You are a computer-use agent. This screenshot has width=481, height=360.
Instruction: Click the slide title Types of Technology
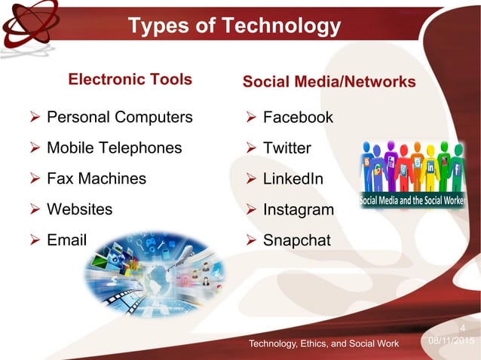point(234,27)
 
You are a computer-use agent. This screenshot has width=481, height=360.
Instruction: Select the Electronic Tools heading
point(130,79)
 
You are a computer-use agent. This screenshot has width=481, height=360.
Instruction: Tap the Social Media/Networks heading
point(329,81)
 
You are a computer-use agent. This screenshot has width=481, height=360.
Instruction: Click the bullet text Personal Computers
point(120,117)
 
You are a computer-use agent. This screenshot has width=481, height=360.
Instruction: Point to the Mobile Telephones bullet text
point(115,148)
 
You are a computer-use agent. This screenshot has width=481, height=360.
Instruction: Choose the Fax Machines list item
point(97,178)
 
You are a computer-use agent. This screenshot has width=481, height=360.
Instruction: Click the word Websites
point(79,209)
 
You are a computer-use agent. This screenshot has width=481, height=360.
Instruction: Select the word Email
point(67,239)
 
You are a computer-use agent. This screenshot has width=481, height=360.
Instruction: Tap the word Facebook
point(298,117)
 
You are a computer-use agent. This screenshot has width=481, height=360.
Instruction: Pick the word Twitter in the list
point(286,148)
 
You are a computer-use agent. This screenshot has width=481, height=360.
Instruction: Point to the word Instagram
point(298,210)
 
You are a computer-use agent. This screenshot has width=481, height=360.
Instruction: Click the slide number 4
point(463,328)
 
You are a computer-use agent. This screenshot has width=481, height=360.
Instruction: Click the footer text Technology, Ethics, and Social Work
point(325,344)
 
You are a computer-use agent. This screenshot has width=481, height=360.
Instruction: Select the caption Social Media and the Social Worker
point(412,202)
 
